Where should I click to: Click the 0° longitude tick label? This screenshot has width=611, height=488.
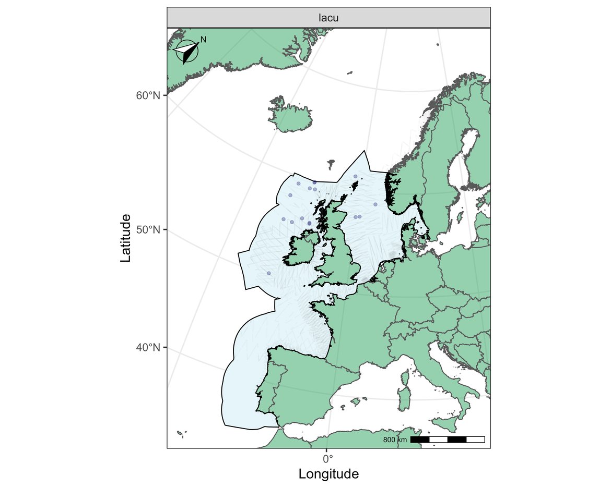[327, 459]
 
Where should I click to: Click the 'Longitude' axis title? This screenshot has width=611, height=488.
[328, 474]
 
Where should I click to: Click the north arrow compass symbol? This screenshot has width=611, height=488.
[187, 52]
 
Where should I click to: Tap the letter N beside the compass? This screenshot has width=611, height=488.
[204, 40]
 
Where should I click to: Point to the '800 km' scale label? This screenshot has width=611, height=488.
[395, 440]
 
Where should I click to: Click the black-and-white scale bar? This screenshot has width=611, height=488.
[448, 440]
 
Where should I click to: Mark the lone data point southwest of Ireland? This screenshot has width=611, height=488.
[269, 273]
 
